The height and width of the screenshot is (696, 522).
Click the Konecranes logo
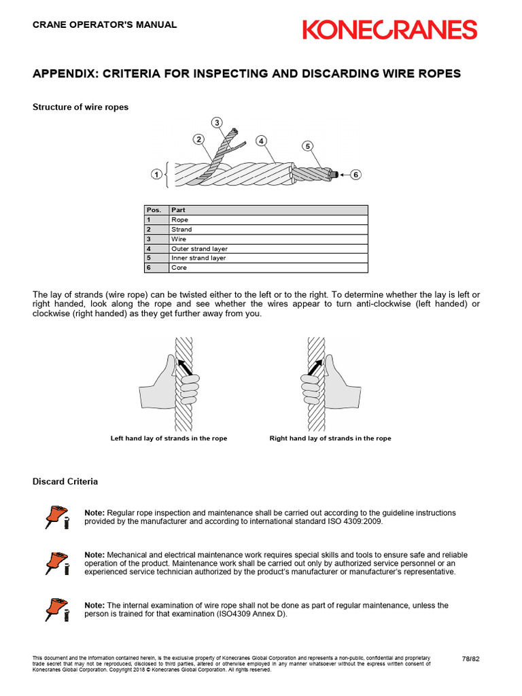point(389,30)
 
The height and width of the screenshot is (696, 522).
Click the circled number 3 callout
point(217,122)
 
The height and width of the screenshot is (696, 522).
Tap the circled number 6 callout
point(355,175)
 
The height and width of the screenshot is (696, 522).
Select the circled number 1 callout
point(156,175)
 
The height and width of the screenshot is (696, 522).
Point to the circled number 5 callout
point(307,146)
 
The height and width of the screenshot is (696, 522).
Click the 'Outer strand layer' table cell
point(199,249)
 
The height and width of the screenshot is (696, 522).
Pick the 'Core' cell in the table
point(179,268)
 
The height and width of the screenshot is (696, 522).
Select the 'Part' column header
point(178,210)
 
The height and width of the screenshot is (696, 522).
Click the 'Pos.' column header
point(154,210)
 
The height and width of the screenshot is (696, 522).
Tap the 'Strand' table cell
point(181,230)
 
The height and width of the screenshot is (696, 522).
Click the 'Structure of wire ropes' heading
point(80,107)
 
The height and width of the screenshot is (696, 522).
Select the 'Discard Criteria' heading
point(65,481)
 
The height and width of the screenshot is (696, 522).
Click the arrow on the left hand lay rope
point(184,368)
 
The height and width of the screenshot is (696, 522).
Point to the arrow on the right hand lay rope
point(313,368)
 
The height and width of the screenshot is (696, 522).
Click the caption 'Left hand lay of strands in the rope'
point(169,438)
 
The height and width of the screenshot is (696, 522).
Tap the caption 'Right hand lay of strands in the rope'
point(330,438)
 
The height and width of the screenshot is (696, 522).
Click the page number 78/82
point(471,659)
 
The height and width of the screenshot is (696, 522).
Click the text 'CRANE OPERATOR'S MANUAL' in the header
point(105,24)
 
